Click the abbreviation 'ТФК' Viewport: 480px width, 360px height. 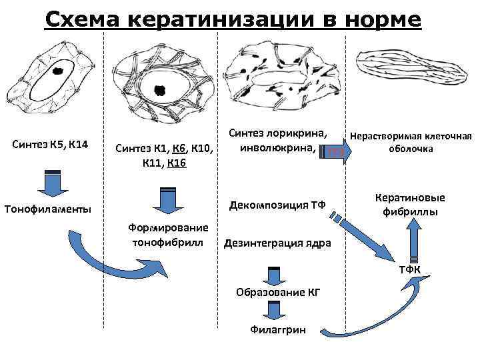click(x=409, y=269)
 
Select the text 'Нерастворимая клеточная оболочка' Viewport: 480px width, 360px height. click(x=411, y=143)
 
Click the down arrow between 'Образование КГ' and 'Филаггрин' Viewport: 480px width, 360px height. click(x=273, y=310)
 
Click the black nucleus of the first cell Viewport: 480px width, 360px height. click(x=58, y=69)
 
